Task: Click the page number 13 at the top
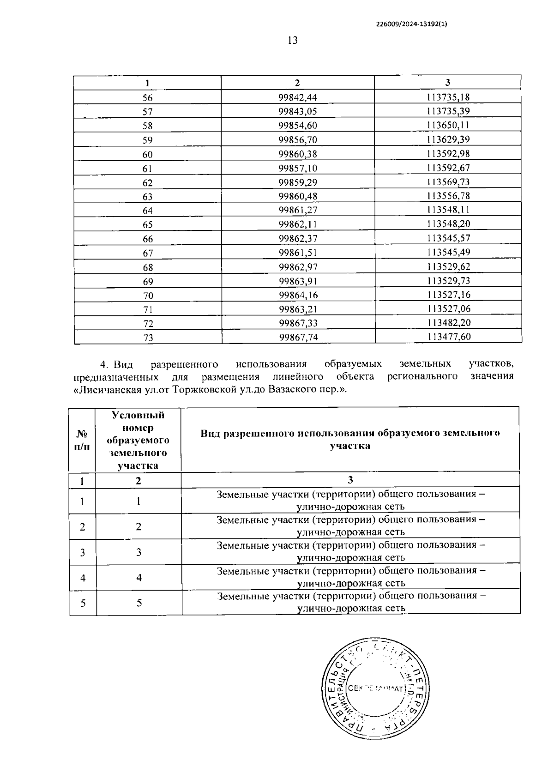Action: coord(292,41)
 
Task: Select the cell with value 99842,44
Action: coord(298,97)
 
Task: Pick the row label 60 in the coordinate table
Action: coord(147,154)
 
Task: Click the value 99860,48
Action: coord(298,196)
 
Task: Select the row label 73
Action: coord(148,338)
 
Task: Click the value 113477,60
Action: coord(448,337)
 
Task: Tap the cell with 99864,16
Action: coord(298,295)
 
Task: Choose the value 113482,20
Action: coord(448,323)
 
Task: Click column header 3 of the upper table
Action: coord(447,83)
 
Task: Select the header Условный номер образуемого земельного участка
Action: coord(138,440)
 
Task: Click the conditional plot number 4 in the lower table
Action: coord(138,578)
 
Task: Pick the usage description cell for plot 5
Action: coord(351,602)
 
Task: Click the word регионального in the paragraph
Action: coord(422,376)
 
